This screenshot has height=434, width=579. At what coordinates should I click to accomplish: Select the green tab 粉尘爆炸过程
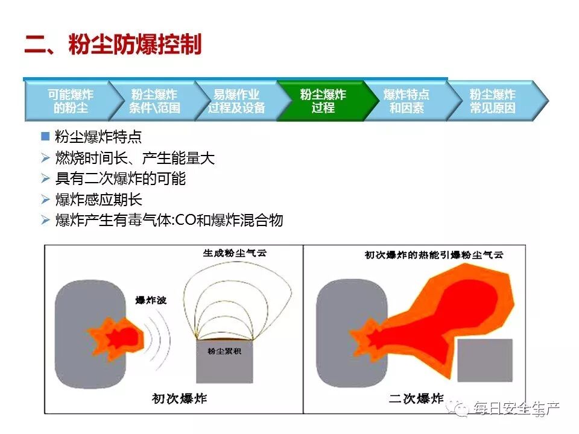[x=323, y=101]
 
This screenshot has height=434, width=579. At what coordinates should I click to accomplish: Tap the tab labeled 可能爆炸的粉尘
[x=70, y=101]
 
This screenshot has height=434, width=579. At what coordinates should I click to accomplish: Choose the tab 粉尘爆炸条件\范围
[x=154, y=101]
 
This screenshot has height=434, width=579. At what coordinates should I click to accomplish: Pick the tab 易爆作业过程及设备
[x=236, y=101]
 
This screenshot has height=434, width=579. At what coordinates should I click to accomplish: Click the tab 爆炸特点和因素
[x=407, y=101]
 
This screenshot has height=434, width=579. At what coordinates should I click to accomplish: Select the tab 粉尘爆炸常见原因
[x=493, y=101]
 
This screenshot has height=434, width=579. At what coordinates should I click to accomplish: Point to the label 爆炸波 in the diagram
[x=151, y=300]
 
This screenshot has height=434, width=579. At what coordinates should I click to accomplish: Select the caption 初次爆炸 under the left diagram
[x=179, y=398]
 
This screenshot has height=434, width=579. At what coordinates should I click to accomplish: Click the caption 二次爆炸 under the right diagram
[x=416, y=398]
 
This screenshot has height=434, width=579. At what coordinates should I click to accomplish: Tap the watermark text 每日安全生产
[x=516, y=409]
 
